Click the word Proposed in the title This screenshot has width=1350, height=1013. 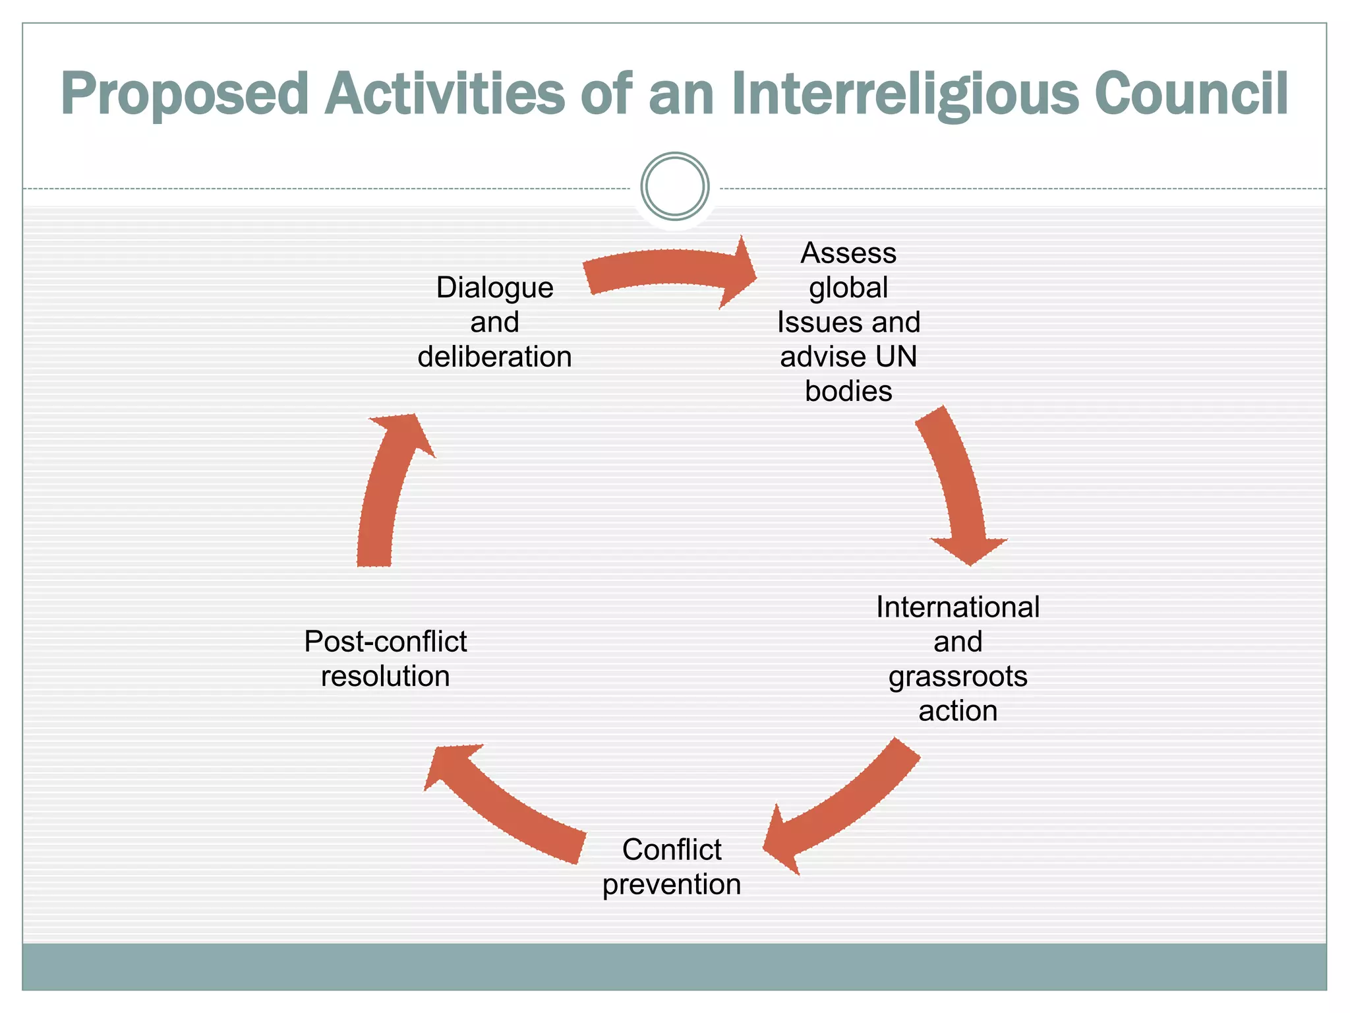pyautogui.click(x=185, y=94)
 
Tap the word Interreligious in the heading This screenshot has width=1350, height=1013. pyautogui.click(x=904, y=94)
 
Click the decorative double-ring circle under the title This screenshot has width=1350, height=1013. pyautogui.click(x=674, y=187)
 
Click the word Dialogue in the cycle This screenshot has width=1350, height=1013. pyautogui.click(x=494, y=288)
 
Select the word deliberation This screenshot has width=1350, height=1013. pyautogui.click(x=494, y=357)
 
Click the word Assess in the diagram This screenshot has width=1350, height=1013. pyautogui.click(x=848, y=253)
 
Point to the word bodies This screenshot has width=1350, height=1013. pyautogui.click(x=848, y=392)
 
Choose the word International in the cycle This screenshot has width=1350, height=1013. pyautogui.click(x=957, y=607)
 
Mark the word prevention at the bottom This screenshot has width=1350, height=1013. pyautogui.click(x=671, y=884)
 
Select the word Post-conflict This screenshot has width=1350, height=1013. pyautogui.click(x=386, y=642)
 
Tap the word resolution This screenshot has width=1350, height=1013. pyautogui.click(x=386, y=677)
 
